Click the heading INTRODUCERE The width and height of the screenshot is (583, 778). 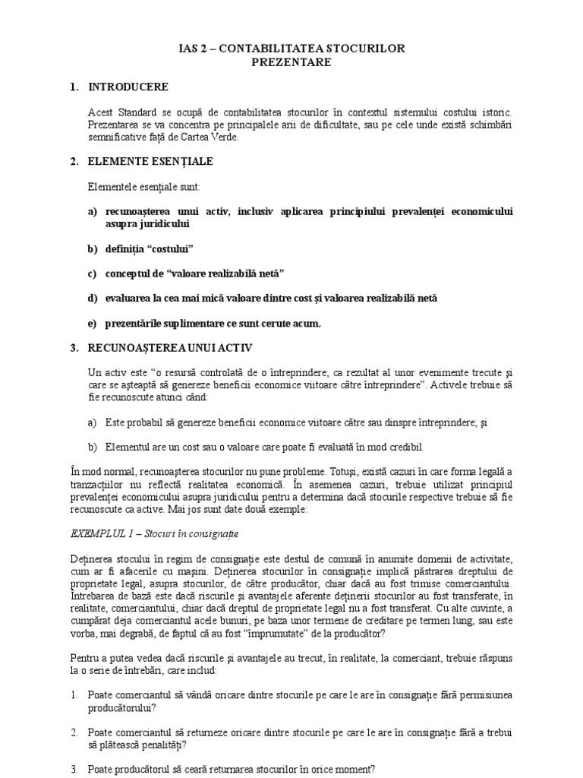coord(128,87)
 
